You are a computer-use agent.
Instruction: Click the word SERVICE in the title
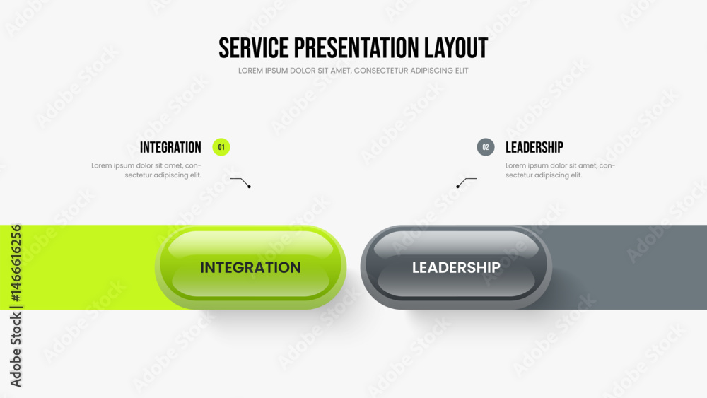point(253,48)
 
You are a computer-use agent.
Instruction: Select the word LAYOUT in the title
point(456,48)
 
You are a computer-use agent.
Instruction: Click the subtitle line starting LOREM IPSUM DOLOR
point(353,71)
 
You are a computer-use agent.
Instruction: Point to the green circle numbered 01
point(221,147)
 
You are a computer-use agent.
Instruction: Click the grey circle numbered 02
point(486,147)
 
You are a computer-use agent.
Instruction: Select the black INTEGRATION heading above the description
point(170,147)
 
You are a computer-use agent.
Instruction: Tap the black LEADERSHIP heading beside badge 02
point(534,147)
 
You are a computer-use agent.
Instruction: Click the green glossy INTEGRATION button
point(251,267)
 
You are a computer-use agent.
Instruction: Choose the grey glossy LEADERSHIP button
point(456,267)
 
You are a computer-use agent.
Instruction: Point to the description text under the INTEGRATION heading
point(146,170)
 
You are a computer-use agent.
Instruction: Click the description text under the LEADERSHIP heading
point(560,170)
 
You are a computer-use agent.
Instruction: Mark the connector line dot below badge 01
point(249,187)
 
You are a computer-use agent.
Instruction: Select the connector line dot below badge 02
point(457,187)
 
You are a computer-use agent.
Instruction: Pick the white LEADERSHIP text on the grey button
point(456,267)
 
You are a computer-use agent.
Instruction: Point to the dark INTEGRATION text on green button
point(251,267)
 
